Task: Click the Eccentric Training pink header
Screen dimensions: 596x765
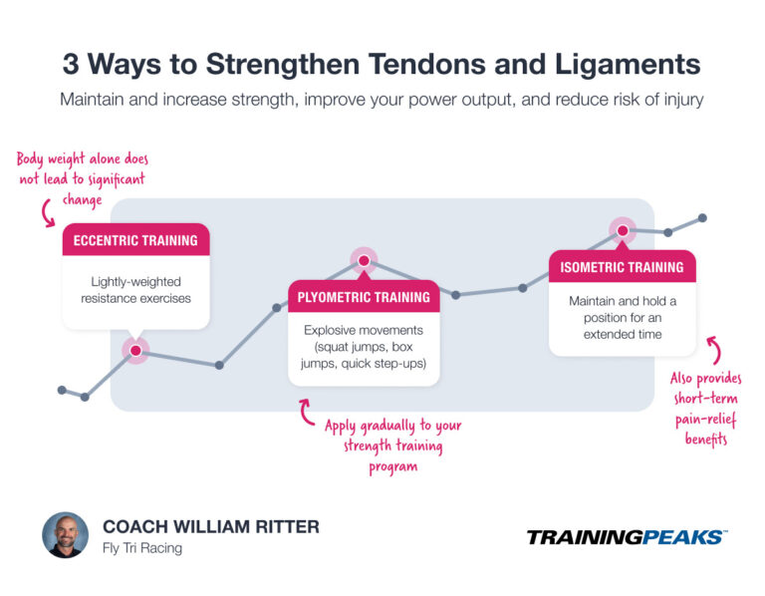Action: pos(135,240)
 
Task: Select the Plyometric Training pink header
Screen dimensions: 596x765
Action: pos(364,297)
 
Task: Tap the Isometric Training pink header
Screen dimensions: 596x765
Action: pos(622,267)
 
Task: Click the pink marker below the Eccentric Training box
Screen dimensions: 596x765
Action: pos(134,350)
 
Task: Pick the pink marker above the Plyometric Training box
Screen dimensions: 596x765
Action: pos(364,261)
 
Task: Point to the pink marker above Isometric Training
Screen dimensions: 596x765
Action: pos(623,231)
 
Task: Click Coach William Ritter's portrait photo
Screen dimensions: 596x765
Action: pos(66,535)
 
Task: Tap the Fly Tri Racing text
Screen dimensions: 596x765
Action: pos(143,548)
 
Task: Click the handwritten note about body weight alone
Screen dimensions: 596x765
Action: pos(83,177)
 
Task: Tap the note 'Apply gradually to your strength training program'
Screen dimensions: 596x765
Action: pos(392,445)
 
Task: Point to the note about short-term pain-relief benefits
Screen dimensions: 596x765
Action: pos(705,409)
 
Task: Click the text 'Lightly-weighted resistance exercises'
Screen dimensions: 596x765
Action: pos(135,290)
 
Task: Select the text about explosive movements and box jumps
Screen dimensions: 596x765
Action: pos(364,347)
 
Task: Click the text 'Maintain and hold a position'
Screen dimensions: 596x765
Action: pos(622,317)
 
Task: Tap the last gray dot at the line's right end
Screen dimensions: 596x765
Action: pos(702,217)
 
